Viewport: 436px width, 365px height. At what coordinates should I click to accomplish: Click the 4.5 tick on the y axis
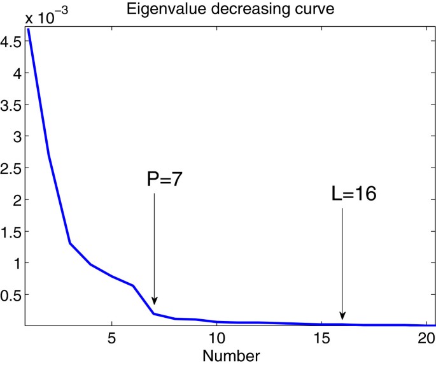[11, 41]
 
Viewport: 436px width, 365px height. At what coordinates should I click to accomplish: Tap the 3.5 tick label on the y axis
[11, 105]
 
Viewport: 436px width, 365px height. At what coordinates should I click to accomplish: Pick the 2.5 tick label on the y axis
[11, 168]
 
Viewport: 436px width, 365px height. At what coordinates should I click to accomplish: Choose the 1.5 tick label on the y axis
[11, 231]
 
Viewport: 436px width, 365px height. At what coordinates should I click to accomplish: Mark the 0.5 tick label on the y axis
[11, 294]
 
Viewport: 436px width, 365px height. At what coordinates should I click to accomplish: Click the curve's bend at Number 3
[70, 243]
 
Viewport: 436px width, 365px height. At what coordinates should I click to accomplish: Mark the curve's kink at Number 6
[133, 285]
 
